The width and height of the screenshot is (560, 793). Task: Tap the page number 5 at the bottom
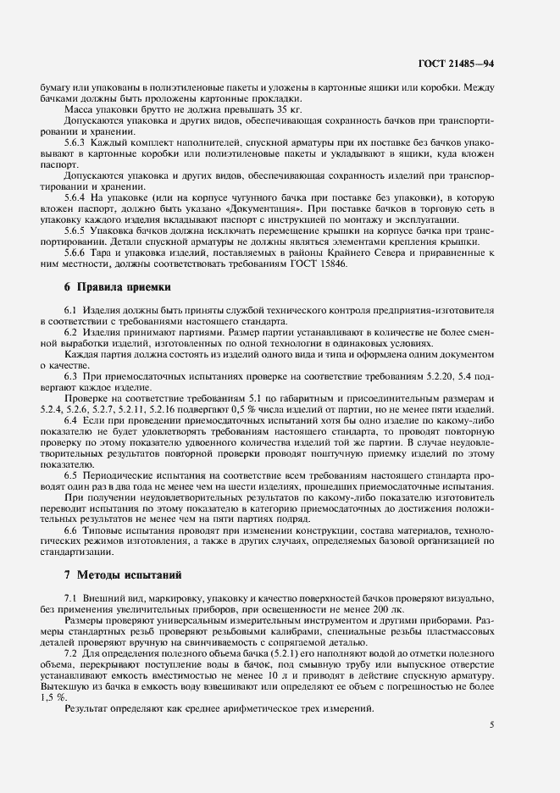(x=492, y=724)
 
